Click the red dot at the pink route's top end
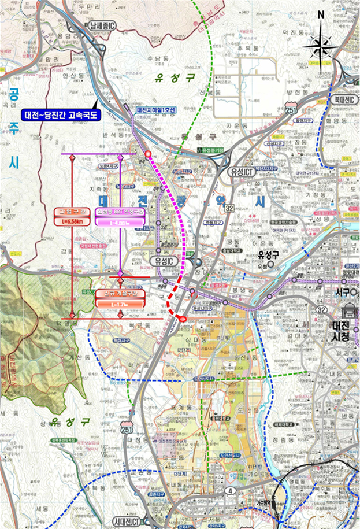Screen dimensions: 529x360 pos(148,154)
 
